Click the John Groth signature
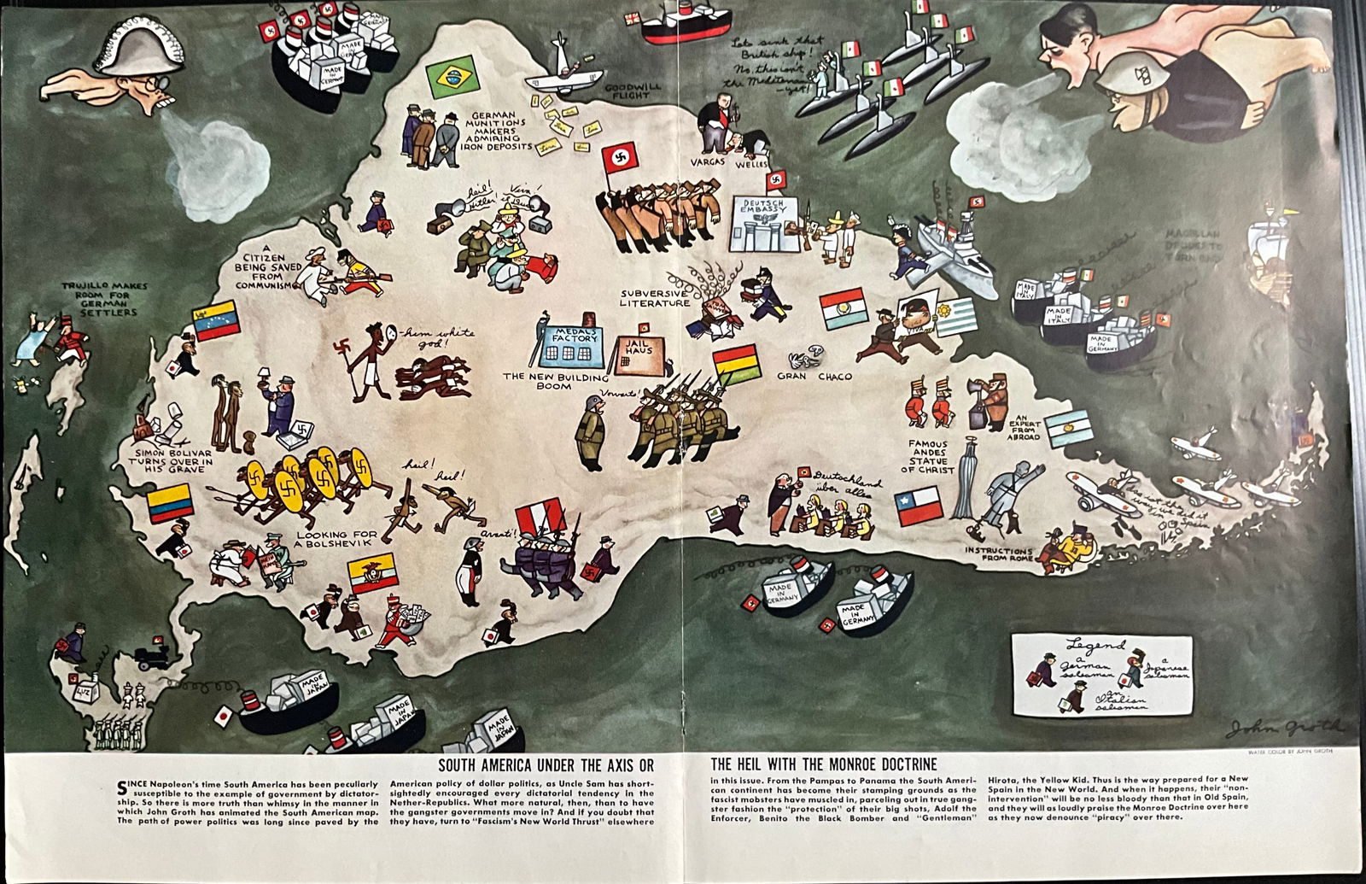(x=1283, y=728)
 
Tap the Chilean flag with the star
(x=918, y=506)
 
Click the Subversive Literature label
(x=656, y=296)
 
